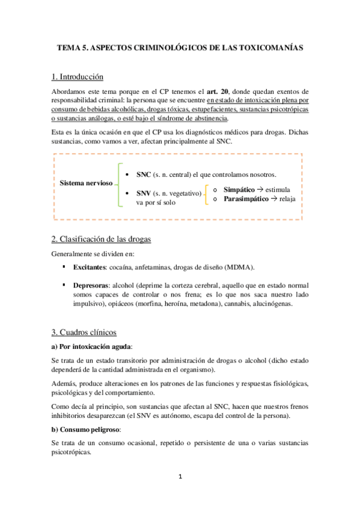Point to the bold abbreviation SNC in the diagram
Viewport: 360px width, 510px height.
[144, 174]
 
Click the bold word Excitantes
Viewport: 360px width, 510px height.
[91, 267]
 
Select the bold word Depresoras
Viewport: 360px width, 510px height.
[92, 284]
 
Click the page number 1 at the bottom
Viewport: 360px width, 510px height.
[179, 477]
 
